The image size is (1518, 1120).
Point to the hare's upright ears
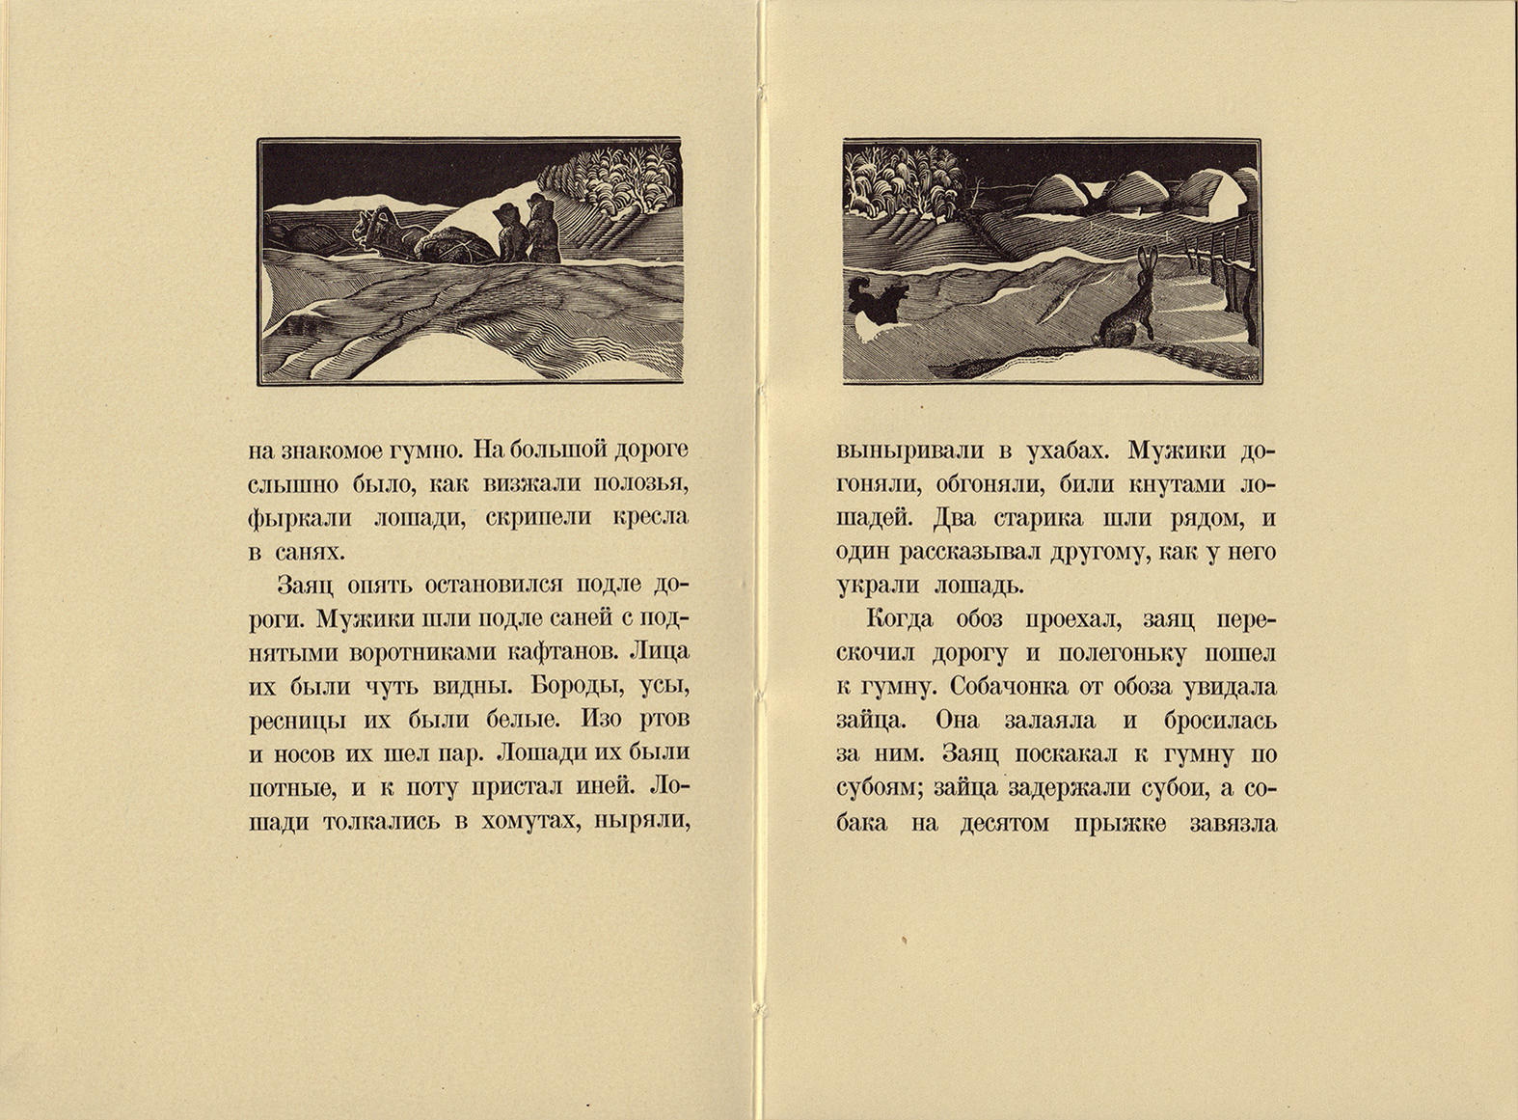(1147, 260)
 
